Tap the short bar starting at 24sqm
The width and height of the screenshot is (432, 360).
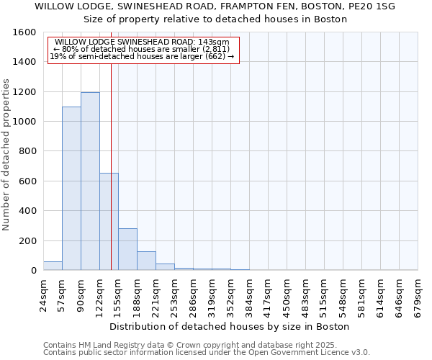[53, 266]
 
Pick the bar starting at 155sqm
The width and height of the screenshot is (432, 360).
[127, 249]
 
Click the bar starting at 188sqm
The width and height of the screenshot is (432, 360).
[146, 261]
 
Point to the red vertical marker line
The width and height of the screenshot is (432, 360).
[111, 166]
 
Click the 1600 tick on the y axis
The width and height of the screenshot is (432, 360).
[24, 32]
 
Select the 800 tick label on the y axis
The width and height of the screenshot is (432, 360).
[27, 151]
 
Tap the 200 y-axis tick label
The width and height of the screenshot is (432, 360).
[27, 240]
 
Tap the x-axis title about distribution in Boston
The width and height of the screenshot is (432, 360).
[230, 326]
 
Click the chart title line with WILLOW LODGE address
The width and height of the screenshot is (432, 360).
[215, 6]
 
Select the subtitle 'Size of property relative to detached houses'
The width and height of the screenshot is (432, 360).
[215, 19]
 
